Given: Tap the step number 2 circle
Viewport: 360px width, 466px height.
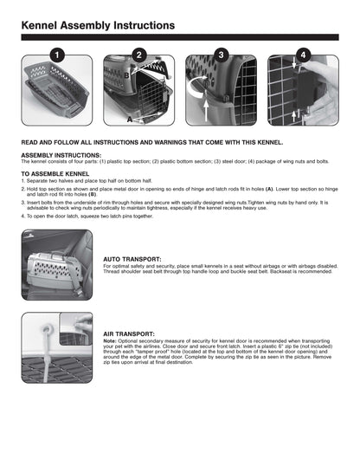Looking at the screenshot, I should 139,55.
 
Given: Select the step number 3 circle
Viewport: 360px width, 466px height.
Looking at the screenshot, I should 221,55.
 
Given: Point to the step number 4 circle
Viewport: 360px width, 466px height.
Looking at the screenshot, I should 302,55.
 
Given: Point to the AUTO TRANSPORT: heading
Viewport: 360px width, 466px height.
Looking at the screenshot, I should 132,258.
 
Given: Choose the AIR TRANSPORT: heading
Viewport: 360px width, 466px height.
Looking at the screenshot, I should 130,332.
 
